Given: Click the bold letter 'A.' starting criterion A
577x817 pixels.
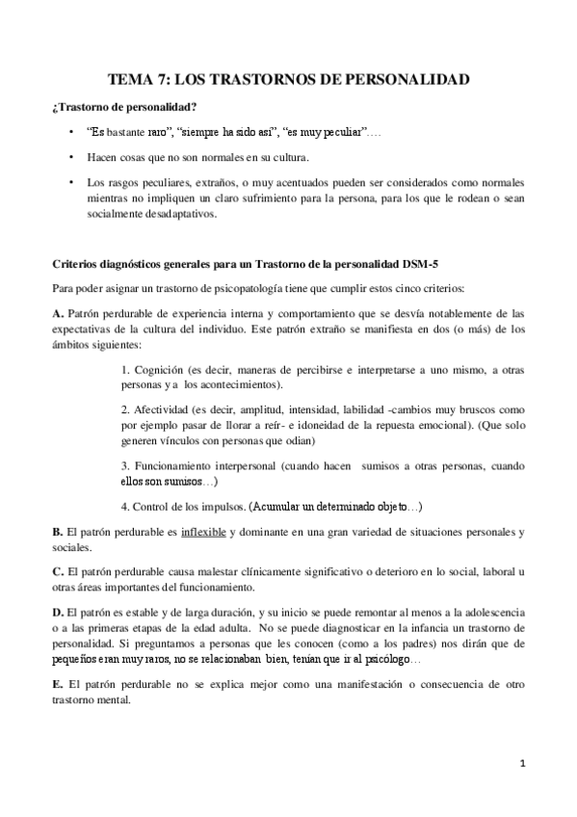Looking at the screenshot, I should coord(58,314).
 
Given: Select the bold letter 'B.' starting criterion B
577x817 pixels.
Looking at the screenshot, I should coord(58,533).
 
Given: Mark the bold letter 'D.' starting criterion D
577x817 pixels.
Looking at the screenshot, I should coord(58,613).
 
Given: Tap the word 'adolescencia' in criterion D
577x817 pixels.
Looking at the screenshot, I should coord(483,613).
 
